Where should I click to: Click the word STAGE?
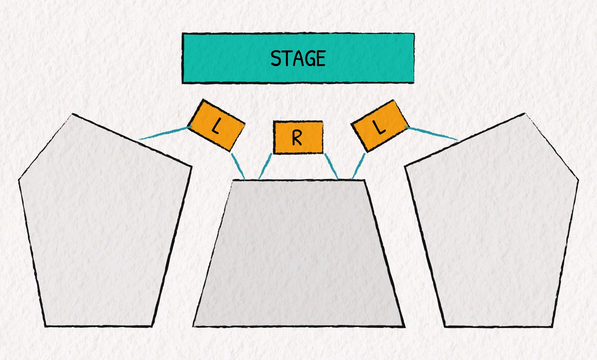(x=298, y=58)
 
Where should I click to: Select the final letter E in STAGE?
(x=320, y=58)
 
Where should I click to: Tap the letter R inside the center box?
(x=297, y=137)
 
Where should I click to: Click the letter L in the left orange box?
(x=215, y=126)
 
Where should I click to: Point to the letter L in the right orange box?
(x=380, y=128)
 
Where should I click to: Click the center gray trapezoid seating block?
(x=298, y=255)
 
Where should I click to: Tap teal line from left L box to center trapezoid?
(x=237, y=165)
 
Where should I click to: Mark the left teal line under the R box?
(x=265, y=165)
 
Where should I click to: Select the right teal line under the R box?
(x=331, y=165)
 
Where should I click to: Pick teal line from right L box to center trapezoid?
(x=358, y=165)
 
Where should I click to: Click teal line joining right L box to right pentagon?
(x=433, y=133)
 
